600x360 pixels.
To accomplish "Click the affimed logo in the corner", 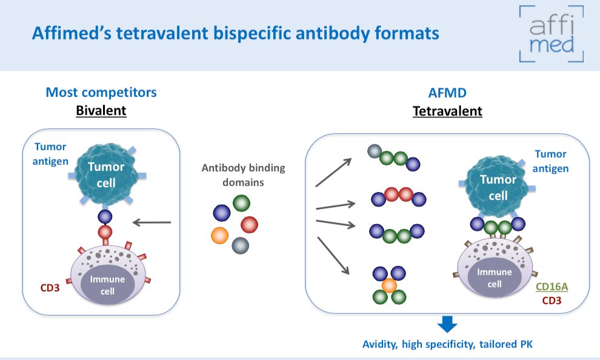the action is (552, 34).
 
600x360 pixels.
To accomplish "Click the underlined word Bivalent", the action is (101, 110).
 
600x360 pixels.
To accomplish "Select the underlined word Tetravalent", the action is (447, 112).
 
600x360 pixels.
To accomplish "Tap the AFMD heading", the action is (447, 93).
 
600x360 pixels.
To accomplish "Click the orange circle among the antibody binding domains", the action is (219, 235).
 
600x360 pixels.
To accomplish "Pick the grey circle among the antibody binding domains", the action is (241, 245).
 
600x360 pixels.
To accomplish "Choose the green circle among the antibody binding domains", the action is (241, 203).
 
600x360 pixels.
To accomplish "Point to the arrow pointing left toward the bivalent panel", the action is (152, 222).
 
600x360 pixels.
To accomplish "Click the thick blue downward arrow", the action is (447, 324).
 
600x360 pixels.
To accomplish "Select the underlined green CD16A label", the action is (552, 287).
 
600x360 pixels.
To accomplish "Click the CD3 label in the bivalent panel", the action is (50, 288).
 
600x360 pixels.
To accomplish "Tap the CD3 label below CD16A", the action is (552, 301).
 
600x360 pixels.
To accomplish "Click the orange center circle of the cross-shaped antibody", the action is (389, 285).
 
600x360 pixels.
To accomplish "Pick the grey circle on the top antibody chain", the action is (374, 152).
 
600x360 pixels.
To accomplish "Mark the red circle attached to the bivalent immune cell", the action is (105, 232).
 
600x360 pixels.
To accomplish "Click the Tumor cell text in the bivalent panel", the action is (106, 175).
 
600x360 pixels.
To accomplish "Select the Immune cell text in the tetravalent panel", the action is (495, 278).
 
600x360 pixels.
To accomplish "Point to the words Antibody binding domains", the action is (244, 175).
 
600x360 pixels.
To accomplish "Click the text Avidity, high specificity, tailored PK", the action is (447, 344).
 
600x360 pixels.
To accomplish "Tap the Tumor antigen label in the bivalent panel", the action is (50, 154).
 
